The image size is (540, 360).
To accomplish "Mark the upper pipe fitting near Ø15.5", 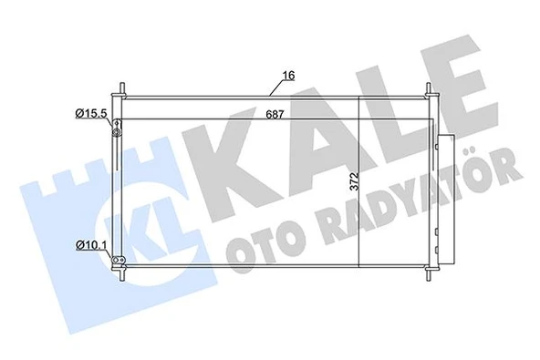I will tap(116, 131).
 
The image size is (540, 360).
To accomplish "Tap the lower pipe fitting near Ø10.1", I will tap(116, 262).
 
